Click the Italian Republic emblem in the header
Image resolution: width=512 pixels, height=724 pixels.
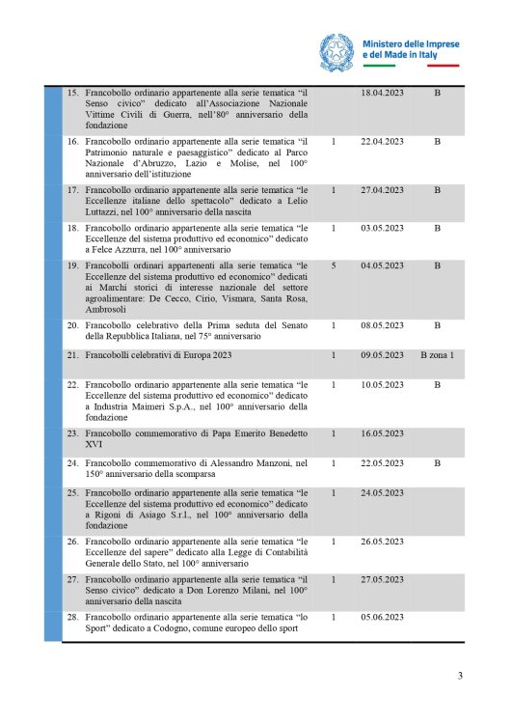(338, 48)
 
